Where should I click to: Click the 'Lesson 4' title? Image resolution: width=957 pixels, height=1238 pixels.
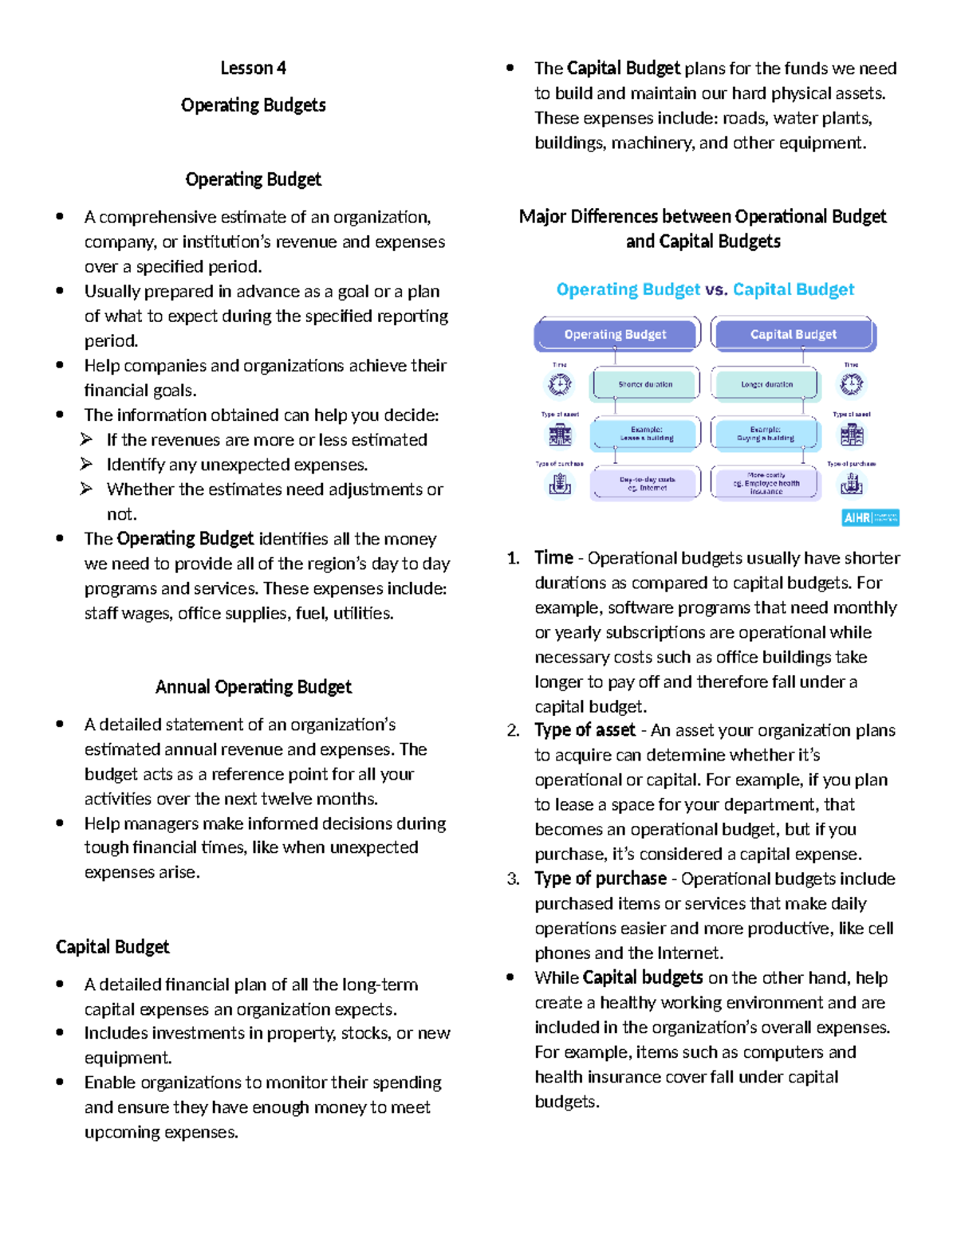[253, 69]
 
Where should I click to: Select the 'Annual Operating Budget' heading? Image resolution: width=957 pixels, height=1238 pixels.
[253, 687]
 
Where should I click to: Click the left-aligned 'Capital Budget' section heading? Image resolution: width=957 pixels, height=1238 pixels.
[112, 947]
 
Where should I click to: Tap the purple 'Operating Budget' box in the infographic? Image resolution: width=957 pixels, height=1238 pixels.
[615, 335]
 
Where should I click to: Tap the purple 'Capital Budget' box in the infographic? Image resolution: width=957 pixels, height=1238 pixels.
[793, 335]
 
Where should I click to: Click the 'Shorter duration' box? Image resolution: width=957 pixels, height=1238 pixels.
[644, 384]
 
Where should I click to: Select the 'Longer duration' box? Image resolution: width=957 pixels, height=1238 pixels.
[766, 384]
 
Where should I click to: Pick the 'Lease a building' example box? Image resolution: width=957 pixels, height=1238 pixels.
[646, 434]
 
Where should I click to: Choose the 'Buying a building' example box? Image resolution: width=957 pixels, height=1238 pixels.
[766, 434]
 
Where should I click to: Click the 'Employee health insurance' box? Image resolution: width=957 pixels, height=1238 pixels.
[766, 483]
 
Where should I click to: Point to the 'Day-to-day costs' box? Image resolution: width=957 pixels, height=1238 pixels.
[646, 483]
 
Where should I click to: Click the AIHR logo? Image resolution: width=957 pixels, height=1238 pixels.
[870, 518]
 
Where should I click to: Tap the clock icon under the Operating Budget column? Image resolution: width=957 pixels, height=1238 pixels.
[560, 384]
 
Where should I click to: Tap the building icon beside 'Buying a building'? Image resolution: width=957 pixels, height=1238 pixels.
[852, 434]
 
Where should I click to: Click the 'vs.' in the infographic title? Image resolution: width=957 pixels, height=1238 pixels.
[716, 289]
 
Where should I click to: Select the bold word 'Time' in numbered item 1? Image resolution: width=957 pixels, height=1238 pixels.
[553, 558]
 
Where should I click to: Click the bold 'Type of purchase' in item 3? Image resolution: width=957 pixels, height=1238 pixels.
[601, 878]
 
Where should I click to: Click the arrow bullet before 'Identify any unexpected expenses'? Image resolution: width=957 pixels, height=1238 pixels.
[87, 464]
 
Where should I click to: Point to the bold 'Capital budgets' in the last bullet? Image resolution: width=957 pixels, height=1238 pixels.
[643, 978]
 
